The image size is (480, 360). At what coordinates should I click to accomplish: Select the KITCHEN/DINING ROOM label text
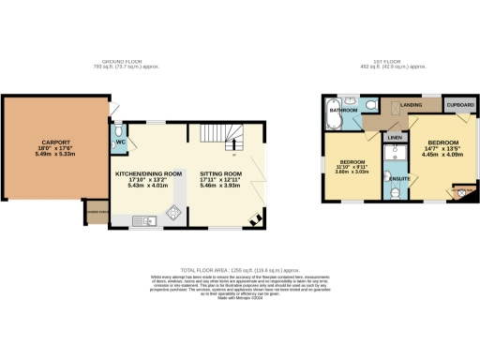[x=148, y=174]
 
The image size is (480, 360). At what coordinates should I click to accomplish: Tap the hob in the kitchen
[x=173, y=215]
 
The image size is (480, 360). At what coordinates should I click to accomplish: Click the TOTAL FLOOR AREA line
[x=239, y=270]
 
